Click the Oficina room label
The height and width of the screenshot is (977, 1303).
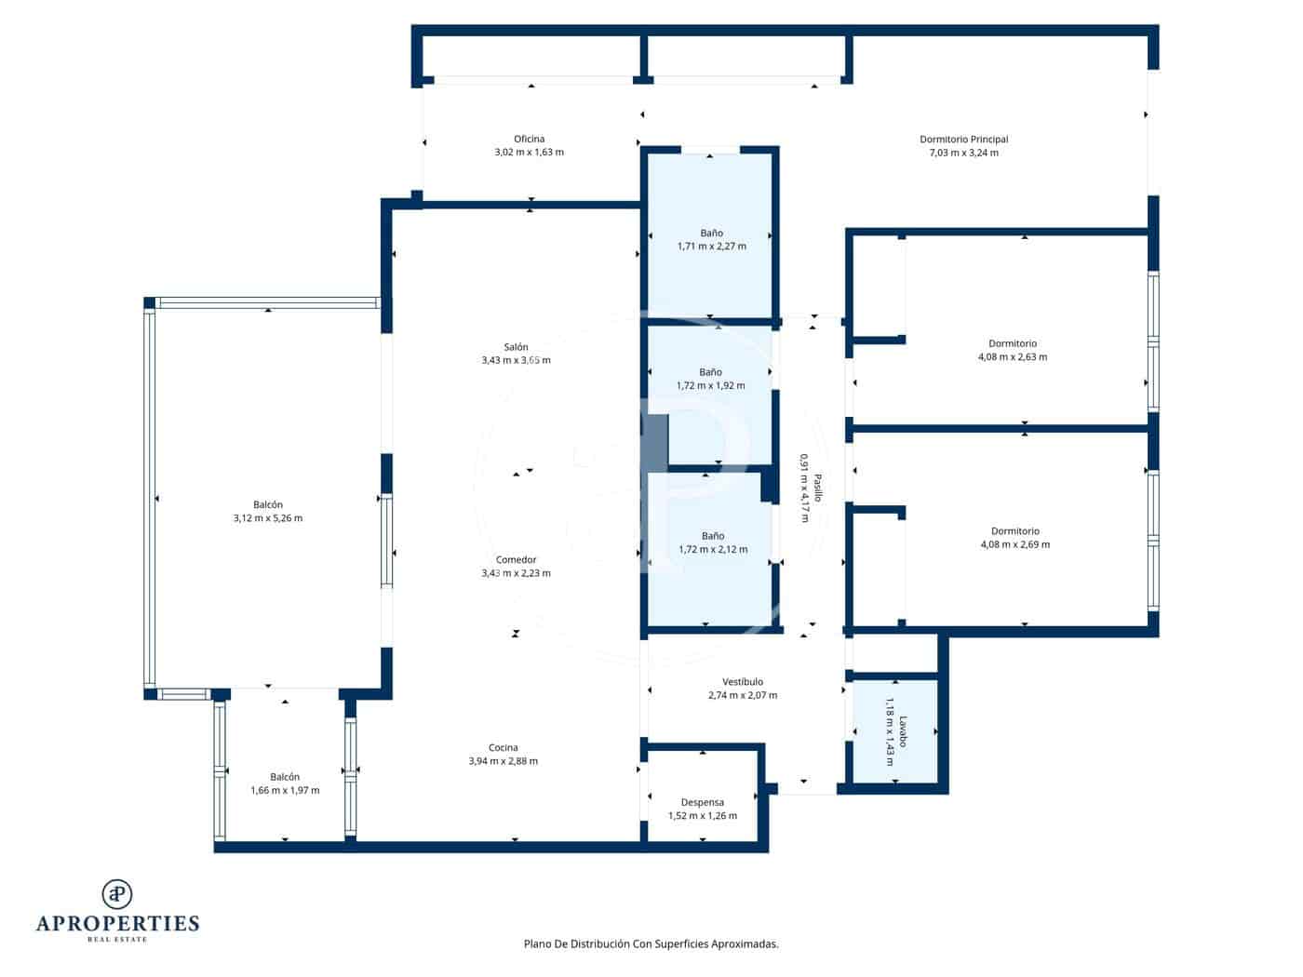(529, 140)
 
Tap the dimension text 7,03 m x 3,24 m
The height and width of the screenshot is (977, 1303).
(963, 153)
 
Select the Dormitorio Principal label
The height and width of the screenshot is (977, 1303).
(963, 140)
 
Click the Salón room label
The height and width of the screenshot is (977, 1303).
(516, 347)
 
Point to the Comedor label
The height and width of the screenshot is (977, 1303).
(516, 560)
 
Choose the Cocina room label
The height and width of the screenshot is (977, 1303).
(503, 747)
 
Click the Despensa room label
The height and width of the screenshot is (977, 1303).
(702, 802)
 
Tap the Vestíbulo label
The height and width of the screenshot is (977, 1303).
(742, 682)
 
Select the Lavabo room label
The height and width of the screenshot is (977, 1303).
(902, 731)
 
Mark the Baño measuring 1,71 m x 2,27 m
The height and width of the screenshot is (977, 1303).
(711, 240)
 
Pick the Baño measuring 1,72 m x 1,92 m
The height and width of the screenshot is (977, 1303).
(710, 379)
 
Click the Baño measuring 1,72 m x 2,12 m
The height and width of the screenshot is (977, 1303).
(712, 542)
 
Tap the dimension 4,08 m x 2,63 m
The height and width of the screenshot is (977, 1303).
(1013, 357)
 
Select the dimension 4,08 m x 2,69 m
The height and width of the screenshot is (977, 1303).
(1014, 544)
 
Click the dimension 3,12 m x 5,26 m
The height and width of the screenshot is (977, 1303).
(267, 518)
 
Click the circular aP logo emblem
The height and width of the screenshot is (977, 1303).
(117, 894)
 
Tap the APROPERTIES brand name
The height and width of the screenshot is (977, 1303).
(117, 923)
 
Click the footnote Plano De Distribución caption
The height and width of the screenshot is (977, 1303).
(651, 944)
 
